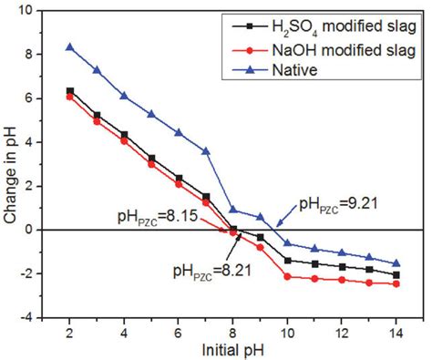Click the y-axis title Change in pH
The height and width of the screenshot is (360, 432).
click(12, 164)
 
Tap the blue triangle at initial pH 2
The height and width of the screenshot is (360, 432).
click(69, 46)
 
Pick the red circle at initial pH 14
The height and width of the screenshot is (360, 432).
click(396, 283)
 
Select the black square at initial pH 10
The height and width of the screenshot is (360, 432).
click(288, 261)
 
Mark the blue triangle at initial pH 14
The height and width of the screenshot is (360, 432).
click(396, 263)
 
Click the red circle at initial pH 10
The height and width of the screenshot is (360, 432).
click(288, 276)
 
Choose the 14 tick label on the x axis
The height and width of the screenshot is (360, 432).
click(396, 331)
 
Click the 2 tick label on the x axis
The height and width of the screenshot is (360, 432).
click(69, 331)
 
